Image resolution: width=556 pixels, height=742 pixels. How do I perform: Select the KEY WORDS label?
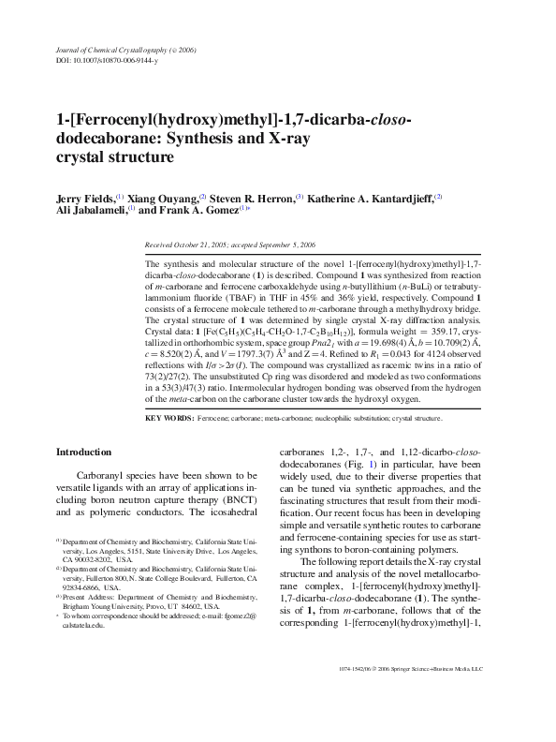pyautogui.click(x=169, y=419)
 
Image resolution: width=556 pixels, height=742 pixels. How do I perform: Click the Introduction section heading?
pyautogui.click(x=84, y=452)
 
